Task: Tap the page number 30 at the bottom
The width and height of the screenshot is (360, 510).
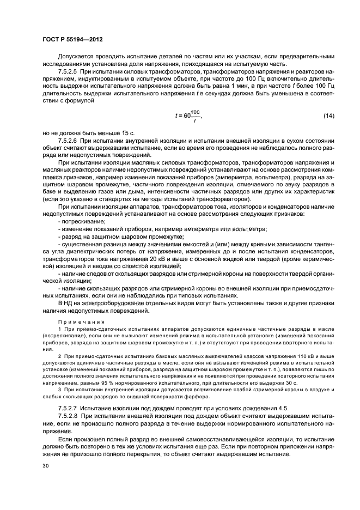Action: click(x=46, y=465)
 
